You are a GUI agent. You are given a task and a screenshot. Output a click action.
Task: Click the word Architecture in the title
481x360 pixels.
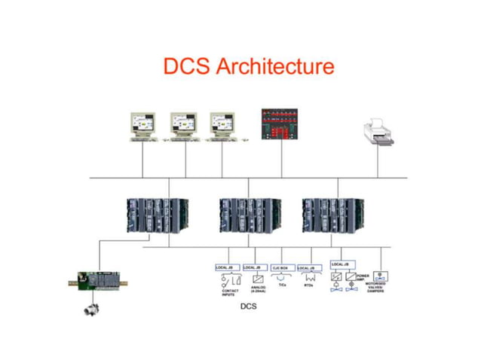275,66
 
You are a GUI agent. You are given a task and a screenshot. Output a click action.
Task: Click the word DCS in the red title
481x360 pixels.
187,66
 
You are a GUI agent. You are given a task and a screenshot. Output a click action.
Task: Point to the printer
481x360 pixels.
381,132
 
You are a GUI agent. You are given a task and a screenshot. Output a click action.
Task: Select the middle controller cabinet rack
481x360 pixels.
244,214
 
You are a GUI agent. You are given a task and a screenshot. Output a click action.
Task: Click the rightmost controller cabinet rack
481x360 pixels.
329,214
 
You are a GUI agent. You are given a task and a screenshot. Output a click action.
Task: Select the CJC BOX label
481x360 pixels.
280,268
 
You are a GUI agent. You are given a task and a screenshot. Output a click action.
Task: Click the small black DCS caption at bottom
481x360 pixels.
248,307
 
